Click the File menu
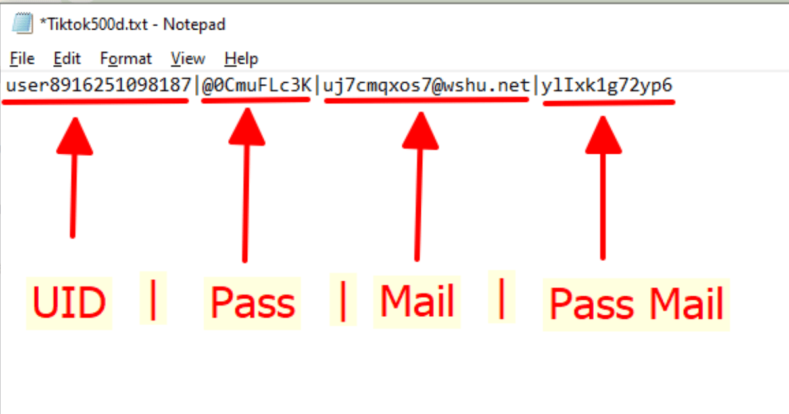[x=22, y=58]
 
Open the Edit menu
[x=67, y=58]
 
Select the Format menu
[x=126, y=58]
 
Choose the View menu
[x=188, y=58]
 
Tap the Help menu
[x=241, y=58]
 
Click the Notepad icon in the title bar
[x=22, y=23]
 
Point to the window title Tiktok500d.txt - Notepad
[x=133, y=24]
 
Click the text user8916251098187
[x=98, y=85]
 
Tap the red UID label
[x=69, y=302]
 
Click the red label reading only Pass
[x=252, y=303]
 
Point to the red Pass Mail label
[x=636, y=304]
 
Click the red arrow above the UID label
[x=74, y=178]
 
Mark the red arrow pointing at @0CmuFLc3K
[x=246, y=185]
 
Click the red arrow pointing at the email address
[x=419, y=187]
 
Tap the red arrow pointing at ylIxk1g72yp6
[x=603, y=188]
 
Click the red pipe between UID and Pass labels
[x=153, y=300]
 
